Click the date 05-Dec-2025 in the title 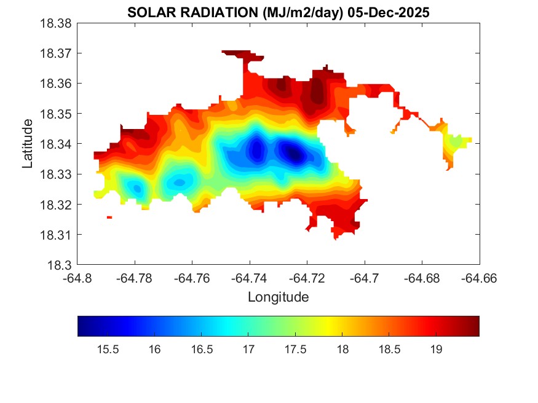(393, 12)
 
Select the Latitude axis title (28, 144)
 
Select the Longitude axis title (278, 297)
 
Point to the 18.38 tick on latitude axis (56, 23)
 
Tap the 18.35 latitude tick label (56, 114)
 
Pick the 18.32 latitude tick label (56, 205)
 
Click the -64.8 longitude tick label (78, 278)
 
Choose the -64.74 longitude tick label (250, 278)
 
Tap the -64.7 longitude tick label (365, 278)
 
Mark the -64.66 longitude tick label (479, 278)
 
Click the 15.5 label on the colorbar (108, 350)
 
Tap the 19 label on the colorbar (436, 350)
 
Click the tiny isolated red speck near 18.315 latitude (109, 217)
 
